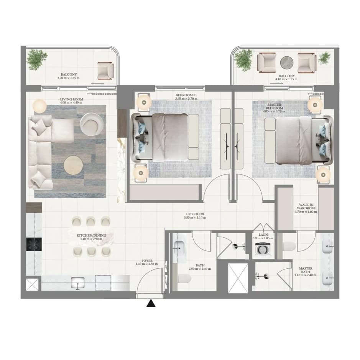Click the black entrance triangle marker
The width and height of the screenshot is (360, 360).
pyautogui.click(x=151, y=303)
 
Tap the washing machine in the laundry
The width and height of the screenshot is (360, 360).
pyautogui.click(x=263, y=249)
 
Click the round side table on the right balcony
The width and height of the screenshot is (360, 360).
pyautogui.click(x=287, y=62)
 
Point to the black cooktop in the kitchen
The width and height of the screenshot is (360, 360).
pyautogui.click(x=34, y=244)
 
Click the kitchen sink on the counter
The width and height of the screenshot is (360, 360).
pyautogui.click(x=77, y=283)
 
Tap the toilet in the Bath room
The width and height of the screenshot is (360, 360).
pyautogui.click(x=184, y=278)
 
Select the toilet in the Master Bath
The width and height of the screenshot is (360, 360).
pyautogui.click(x=289, y=246)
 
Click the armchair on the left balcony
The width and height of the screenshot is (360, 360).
pyautogui.click(x=105, y=71)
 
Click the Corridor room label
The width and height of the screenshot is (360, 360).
pyautogui.click(x=195, y=214)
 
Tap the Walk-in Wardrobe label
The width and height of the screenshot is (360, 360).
pyautogui.click(x=306, y=206)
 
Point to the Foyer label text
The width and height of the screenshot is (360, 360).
pyautogui.click(x=147, y=261)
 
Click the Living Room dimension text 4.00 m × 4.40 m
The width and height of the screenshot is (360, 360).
pyautogui.click(x=71, y=102)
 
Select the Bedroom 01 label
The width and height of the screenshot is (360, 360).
pyautogui.click(x=186, y=95)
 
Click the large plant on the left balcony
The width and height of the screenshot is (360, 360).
pyautogui.click(x=37, y=59)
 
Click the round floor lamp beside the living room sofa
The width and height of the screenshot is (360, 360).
pyautogui.click(x=39, y=106)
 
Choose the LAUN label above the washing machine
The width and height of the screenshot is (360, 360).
pyautogui.click(x=263, y=235)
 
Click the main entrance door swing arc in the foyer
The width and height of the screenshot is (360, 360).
pyautogui.click(x=146, y=276)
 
